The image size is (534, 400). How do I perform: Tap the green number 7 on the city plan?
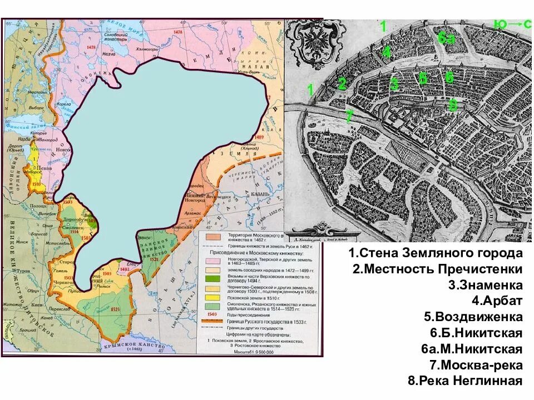(x=349, y=117)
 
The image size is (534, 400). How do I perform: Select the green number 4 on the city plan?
(x=387, y=52)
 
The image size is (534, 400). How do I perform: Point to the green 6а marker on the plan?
(x=446, y=38)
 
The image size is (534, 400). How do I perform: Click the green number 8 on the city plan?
(x=453, y=104)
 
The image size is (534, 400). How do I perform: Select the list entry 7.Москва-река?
(x=476, y=365)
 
